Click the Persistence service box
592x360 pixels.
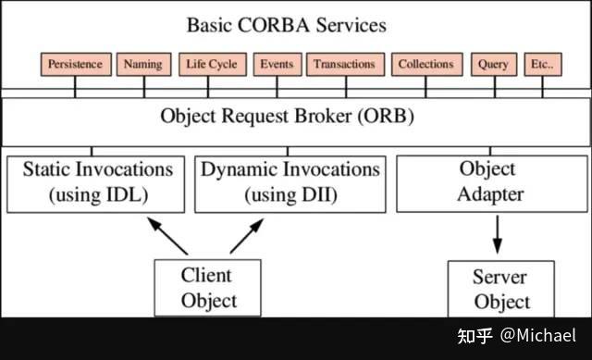click(x=76, y=64)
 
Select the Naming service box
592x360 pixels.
click(x=143, y=64)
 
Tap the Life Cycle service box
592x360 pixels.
click(x=211, y=64)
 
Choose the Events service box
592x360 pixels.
click(x=277, y=64)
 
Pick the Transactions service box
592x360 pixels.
click(x=344, y=64)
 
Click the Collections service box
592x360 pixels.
click(x=426, y=64)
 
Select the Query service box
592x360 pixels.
click(x=494, y=64)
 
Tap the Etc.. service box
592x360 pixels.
click(x=543, y=64)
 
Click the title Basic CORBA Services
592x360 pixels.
click(x=286, y=24)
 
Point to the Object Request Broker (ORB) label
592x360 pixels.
click(x=287, y=118)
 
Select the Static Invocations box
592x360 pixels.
click(x=97, y=182)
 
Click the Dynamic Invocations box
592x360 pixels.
click(x=290, y=182)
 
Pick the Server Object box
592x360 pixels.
click(x=501, y=289)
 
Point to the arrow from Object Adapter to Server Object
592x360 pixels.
click(x=497, y=234)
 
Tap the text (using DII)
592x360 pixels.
click(x=290, y=195)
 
